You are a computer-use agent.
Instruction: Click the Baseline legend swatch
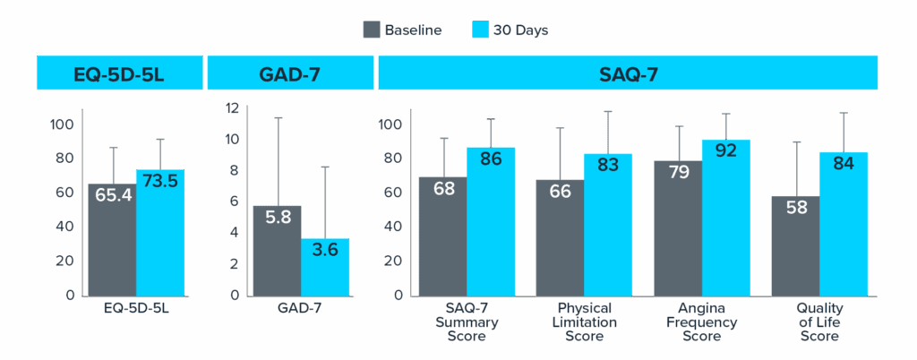click(x=373, y=30)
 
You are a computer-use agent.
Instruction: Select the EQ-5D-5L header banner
click(x=118, y=73)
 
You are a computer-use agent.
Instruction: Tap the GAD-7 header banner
click(x=290, y=73)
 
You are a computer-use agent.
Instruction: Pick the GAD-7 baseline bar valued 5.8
click(x=277, y=251)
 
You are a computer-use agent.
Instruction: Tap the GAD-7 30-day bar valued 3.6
click(x=325, y=267)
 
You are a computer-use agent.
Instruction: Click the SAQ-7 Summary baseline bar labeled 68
click(x=442, y=237)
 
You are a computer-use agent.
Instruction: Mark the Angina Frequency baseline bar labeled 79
click(x=677, y=228)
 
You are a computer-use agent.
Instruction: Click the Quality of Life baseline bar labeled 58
click(x=794, y=246)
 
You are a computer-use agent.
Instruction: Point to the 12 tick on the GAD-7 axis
click(x=231, y=107)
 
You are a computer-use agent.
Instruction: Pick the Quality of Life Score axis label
click(x=819, y=321)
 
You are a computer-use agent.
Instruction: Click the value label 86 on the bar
click(x=491, y=159)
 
